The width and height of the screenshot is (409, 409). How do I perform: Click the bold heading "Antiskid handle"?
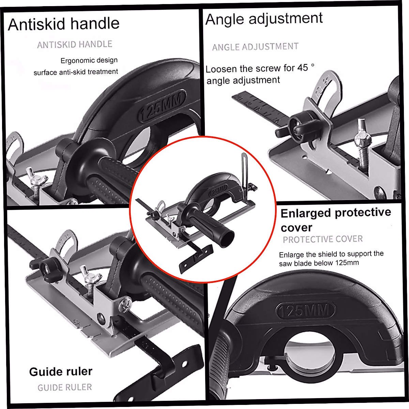pos(64,24)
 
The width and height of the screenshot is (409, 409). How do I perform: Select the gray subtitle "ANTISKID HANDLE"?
pos(75,44)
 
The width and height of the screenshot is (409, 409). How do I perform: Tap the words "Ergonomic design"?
pos(89,60)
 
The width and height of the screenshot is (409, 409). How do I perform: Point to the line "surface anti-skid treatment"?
pos(76,72)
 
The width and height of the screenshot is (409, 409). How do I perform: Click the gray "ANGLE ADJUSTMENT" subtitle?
pos(255,47)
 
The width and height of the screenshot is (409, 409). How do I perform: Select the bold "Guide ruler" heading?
pos(61,372)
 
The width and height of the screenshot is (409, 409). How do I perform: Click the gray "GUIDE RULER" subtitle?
pos(65,388)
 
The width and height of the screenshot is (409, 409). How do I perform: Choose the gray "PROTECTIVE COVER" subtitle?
pos(322,239)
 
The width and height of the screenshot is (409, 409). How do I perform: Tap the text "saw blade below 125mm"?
pos(319,263)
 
